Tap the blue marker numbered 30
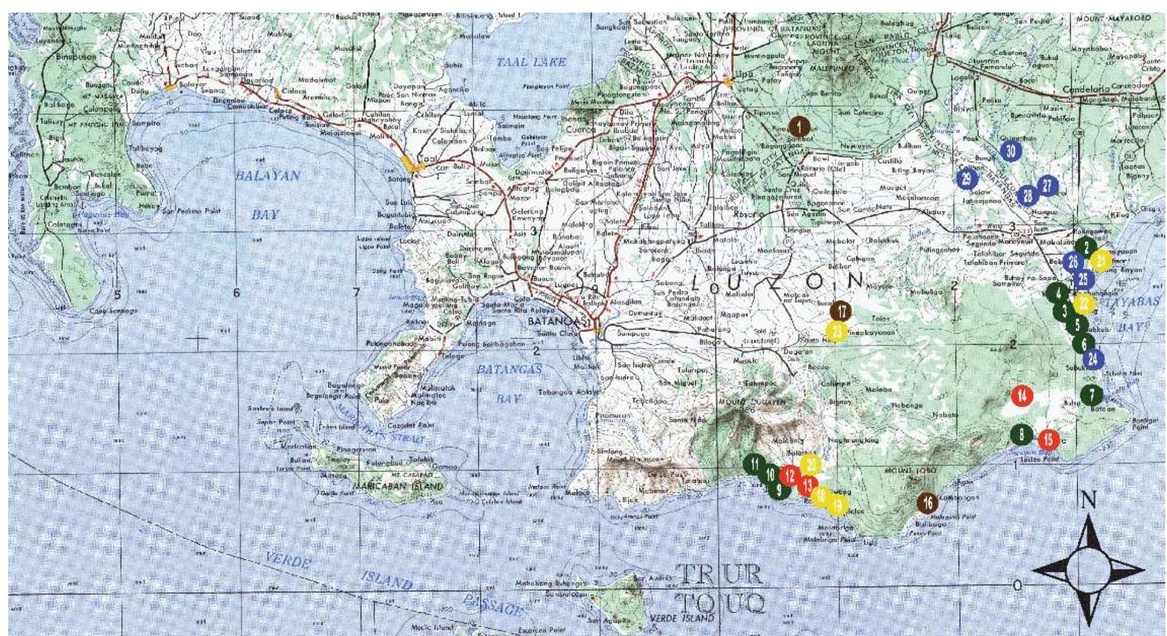(x=1011, y=151)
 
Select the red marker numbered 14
(x=1022, y=396)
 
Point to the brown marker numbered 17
(x=842, y=311)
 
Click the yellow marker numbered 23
(x=837, y=331)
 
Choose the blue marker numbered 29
(x=966, y=179)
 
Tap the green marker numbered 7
(x=1091, y=395)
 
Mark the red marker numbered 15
(x=1049, y=439)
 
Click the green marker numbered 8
(x=1022, y=435)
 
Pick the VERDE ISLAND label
(x=681, y=619)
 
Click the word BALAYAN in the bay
(x=267, y=176)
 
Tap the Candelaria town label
(x=1086, y=89)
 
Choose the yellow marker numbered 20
(x=811, y=465)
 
